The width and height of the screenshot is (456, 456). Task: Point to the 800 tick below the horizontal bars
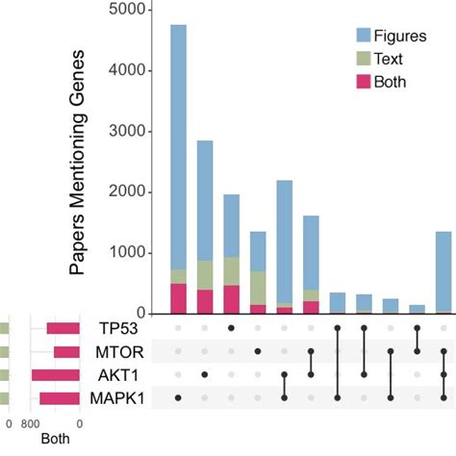[32, 423]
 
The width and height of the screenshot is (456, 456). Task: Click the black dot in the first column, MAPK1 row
[178, 397]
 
